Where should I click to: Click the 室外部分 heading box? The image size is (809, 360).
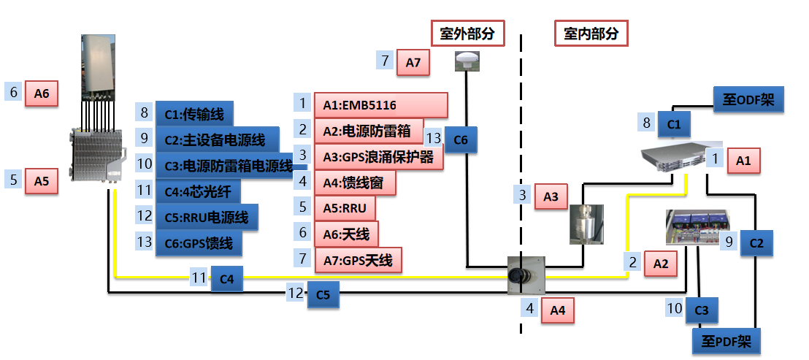point(468,34)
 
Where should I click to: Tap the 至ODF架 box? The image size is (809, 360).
point(748,100)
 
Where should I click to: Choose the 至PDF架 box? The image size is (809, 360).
point(727,340)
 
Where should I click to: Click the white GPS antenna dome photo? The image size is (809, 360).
point(467,61)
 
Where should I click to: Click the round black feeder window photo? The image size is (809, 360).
point(526,275)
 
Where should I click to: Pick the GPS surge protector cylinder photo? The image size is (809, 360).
point(588,223)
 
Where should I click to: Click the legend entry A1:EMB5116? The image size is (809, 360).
point(380,104)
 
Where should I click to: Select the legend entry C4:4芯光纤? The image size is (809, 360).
point(198,192)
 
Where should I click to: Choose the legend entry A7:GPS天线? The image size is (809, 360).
point(358,260)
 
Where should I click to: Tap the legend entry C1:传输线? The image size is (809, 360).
point(194,113)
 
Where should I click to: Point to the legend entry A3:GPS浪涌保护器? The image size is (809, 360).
point(378,157)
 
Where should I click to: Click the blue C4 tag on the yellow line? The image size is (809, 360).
point(226,278)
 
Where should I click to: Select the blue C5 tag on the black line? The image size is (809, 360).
point(323,294)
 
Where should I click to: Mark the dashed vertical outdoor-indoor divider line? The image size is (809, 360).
point(521,183)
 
